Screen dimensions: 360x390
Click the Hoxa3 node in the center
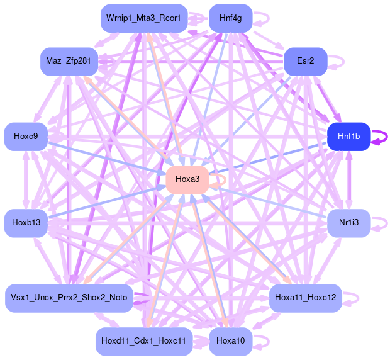(x=187, y=180)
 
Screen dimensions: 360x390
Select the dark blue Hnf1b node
(x=348, y=137)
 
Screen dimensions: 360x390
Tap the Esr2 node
(x=304, y=61)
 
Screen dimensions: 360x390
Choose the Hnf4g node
(x=230, y=18)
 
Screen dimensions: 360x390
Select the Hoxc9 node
(x=26, y=137)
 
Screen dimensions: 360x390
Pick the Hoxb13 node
(x=26, y=223)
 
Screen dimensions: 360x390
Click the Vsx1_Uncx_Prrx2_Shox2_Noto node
(x=69, y=298)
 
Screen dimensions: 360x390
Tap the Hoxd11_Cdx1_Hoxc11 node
(x=144, y=341)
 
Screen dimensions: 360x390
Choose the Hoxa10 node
(x=230, y=341)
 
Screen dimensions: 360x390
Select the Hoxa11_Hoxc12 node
(x=305, y=298)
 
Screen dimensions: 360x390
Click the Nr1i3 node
(x=348, y=223)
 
